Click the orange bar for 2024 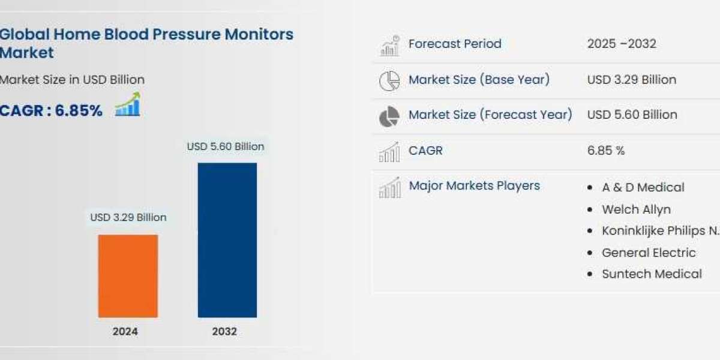[x=128, y=276]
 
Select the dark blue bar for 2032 [x=227, y=240]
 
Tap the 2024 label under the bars [x=125, y=331]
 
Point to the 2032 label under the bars [x=224, y=331]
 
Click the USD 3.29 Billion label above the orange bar [x=128, y=217]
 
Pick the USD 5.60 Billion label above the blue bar [x=226, y=146]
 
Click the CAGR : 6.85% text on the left [x=51, y=110]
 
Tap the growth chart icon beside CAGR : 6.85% [x=127, y=105]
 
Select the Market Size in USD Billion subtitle [x=72, y=79]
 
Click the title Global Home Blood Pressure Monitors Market [x=146, y=43]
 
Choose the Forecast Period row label [x=455, y=43]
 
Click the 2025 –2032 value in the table [x=622, y=43]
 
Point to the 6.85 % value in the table [x=606, y=151]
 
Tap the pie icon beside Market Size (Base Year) [x=389, y=80]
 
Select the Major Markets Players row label [x=474, y=185]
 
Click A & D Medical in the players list [x=643, y=187]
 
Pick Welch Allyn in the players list [x=636, y=209]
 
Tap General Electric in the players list [x=649, y=253]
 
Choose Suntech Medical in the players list [x=652, y=274]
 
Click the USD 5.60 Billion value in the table [x=632, y=115]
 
